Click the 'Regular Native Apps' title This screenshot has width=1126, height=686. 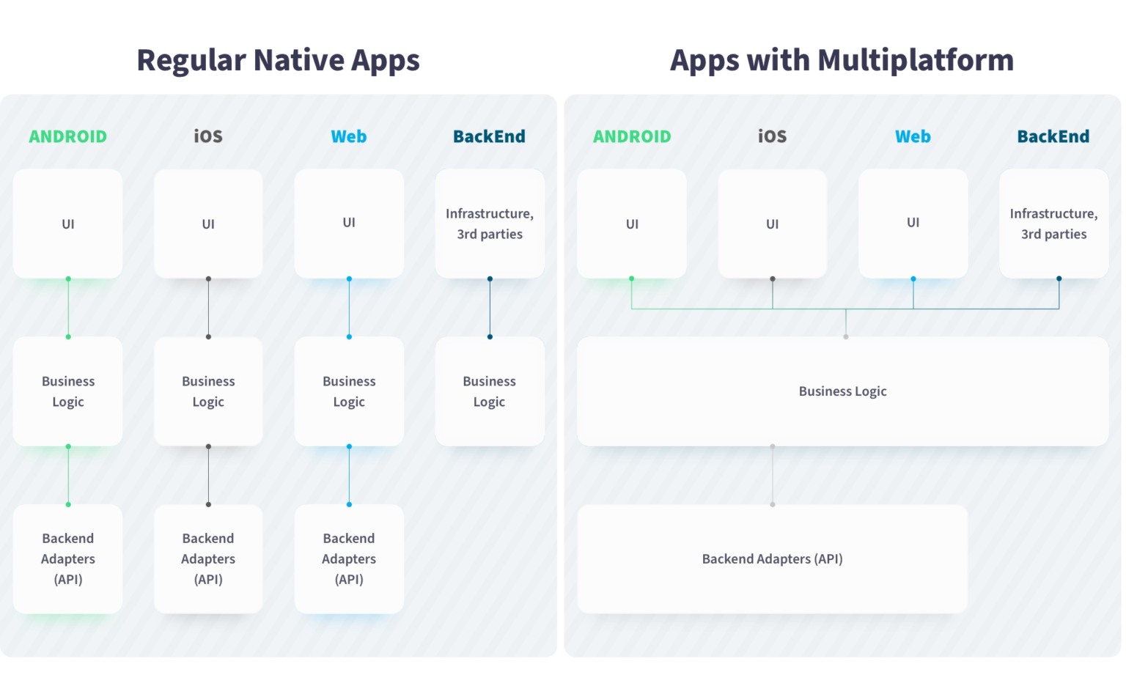278,60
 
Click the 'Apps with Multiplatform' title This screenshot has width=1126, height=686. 842,60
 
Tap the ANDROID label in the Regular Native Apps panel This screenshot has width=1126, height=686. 67,136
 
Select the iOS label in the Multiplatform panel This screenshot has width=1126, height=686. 772,136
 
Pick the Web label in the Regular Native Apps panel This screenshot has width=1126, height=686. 348,136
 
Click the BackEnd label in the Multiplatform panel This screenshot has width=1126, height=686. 1053,136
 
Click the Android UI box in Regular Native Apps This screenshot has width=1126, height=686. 67,224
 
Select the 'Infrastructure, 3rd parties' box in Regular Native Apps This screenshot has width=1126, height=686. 490,224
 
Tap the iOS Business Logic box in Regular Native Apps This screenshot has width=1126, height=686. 208,391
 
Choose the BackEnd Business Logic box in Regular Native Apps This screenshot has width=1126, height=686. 490,391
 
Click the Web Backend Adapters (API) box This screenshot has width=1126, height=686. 349,558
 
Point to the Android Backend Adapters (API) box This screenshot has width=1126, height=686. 67,558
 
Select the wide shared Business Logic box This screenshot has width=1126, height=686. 842,391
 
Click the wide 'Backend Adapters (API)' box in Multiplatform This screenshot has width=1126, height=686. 772,558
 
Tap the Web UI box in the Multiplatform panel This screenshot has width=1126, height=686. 913,223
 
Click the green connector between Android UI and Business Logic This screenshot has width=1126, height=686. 68,308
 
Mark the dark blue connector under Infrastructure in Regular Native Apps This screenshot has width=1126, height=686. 490,308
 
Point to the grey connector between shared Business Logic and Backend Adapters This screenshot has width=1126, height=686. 772,475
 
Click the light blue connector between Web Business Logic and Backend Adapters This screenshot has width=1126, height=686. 349,475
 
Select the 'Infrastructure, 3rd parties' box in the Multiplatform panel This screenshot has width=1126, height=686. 1053,224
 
